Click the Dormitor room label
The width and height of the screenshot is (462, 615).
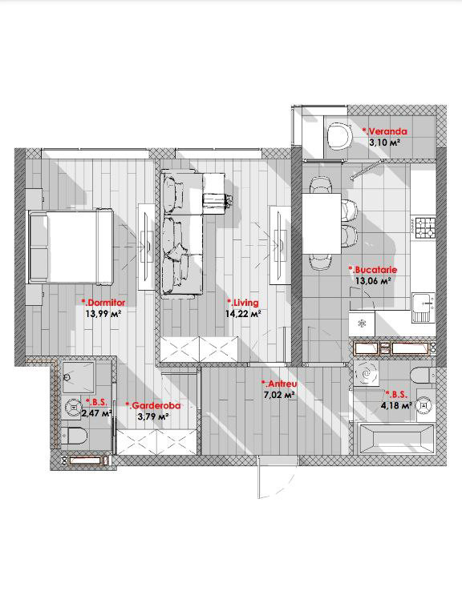coord(103,303)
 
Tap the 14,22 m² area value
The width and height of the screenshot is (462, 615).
coord(243,314)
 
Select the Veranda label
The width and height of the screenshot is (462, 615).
coord(384,131)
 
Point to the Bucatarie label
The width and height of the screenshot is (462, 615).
coord(373,270)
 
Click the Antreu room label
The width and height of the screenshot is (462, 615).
coord(279,384)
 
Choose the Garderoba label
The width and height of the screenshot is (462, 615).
coord(153,405)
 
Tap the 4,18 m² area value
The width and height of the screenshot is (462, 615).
coord(396,405)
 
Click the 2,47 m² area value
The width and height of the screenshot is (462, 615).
coord(96,413)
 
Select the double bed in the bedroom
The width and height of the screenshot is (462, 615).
coord(71,247)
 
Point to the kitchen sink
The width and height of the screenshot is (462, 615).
coord(423,307)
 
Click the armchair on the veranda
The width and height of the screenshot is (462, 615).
coord(340,135)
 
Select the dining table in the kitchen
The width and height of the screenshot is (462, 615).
coord(322,223)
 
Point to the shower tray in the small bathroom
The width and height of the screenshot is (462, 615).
coord(79,377)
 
